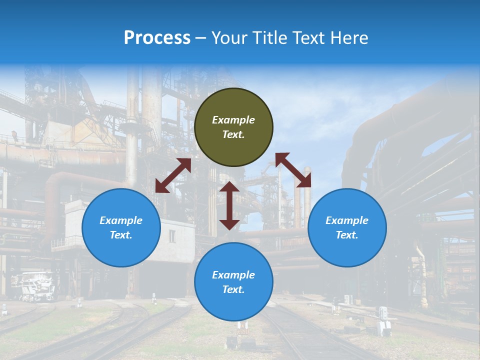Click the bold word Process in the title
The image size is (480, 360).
[157, 38]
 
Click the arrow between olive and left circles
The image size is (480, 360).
[173, 176]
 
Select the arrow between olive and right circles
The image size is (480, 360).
[293, 170]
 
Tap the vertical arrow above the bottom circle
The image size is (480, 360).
[229, 205]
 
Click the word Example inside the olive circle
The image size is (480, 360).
[233, 120]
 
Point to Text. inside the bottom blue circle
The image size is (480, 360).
[233, 289]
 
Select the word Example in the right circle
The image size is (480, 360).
[347, 220]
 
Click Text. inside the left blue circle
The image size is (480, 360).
[121, 235]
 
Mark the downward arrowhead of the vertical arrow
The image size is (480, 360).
[229, 224]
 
